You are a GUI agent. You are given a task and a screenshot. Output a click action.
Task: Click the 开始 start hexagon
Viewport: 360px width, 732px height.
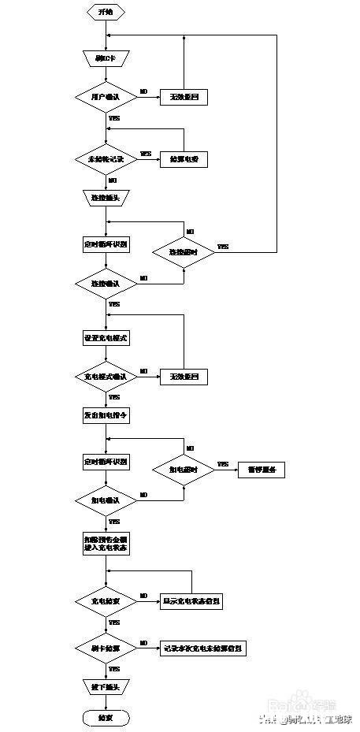click(106, 12)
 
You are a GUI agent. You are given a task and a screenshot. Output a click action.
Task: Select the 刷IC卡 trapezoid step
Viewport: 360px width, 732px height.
click(106, 58)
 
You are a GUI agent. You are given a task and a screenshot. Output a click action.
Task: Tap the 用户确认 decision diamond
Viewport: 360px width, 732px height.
click(106, 96)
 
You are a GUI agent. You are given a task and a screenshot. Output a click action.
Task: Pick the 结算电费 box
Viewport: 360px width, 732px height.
click(184, 158)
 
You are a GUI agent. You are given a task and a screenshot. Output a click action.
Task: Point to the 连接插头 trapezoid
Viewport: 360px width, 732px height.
click(106, 197)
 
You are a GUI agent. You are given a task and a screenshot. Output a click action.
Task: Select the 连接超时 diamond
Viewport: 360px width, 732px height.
click(183, 251)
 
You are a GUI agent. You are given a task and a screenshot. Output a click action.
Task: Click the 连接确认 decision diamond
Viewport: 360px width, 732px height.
click(106, 282)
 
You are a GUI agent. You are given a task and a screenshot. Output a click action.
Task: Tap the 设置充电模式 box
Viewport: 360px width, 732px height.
click(106, 337)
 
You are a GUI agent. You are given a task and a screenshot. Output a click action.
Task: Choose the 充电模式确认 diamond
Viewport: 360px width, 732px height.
click(106, 377)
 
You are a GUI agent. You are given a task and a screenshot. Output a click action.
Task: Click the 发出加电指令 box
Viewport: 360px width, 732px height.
click(106, 415)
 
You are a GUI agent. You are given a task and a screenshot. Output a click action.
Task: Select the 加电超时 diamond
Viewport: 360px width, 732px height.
click(183, 470)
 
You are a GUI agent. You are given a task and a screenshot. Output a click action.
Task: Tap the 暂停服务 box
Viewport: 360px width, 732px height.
click(261, 470)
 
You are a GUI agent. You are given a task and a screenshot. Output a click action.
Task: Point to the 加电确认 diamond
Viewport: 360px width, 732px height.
click(106, 500)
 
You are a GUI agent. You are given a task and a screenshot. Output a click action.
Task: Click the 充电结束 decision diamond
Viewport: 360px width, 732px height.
click(106, 601)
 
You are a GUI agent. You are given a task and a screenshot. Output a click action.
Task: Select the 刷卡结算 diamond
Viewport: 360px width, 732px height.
click(106, 648)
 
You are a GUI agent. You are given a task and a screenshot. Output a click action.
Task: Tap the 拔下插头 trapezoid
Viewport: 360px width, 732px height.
click(106, 687)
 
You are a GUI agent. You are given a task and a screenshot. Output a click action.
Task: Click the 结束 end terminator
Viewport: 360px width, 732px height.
click(106, 718)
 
